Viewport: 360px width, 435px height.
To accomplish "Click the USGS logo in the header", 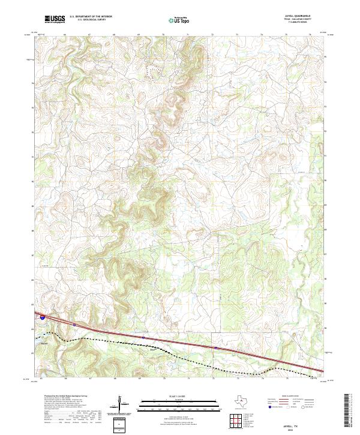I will (x=55, y=20).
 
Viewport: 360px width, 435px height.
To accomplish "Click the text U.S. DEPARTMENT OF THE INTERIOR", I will (x=91, y=17).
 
